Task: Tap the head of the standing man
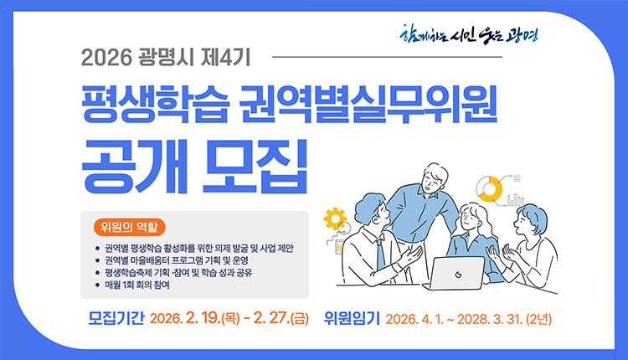click(x=436, y=176)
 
